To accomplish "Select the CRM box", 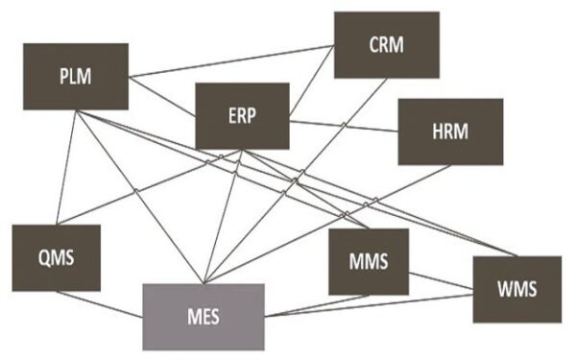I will (x=386, y=44).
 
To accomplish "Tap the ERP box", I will (x=242, y=114).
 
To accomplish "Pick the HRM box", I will (x=449, y=131).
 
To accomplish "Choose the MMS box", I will (x=368, y=261).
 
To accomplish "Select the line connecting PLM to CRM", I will (x=230, y=60).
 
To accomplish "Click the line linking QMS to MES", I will (x=100, y=305).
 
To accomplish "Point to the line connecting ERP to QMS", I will (x=144, y=189).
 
